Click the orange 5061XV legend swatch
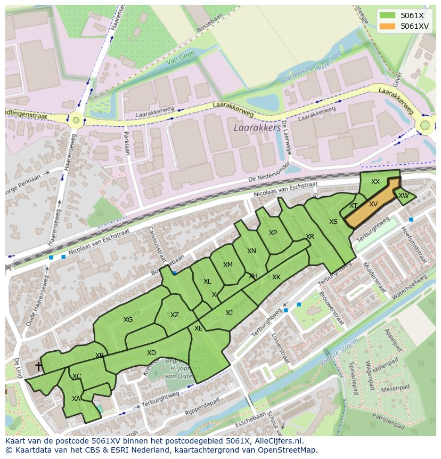click(x=388, y=26)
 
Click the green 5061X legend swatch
click(x=388, y=15)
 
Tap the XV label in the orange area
click(x=373, y=204)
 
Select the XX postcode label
click(x=375, y=182)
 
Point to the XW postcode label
click(x=404, y=196)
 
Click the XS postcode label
click(x=333, y=222)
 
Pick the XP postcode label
click(x=273, y=233)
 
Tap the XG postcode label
click(x=128, y=320)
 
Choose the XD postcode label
click(x=151, y=353)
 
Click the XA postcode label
click(x=76, y=398)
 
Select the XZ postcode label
click(x=175, y=315)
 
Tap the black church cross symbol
click(x=38, y=366)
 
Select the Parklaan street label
click(x=127, y=143)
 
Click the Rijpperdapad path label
click(x=202, y=408)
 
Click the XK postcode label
click(x=276, y=277)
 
